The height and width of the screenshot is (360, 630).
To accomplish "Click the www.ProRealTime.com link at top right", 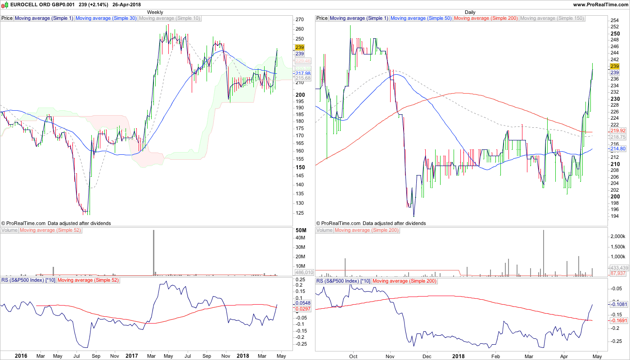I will tap(601, 4).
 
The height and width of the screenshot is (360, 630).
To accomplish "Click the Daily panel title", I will tap(470, 12).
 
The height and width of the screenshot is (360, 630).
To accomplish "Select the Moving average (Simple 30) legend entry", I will tap(106, 18).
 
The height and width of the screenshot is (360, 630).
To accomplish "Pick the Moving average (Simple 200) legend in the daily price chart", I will tap(486, 18).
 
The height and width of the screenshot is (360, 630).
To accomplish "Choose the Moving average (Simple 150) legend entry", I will tap(552, 18).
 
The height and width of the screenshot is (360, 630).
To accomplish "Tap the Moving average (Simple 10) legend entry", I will tap(170, 18).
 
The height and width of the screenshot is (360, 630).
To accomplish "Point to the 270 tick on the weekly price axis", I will tap(300, 20).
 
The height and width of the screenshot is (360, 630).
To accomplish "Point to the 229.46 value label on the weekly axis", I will tap(303, 61).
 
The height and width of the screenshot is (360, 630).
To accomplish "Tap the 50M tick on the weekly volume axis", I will tap(301, 230).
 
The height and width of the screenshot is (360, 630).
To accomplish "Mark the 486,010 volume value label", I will tap(304, 272).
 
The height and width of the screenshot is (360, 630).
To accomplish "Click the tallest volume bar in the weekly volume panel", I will tap(153, 252).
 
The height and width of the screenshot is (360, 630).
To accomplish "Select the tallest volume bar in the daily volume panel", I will tap(544, 252).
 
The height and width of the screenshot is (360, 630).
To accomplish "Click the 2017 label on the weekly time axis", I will tap(132, 356).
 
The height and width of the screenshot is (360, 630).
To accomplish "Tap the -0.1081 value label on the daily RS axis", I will tap(619, 304).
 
